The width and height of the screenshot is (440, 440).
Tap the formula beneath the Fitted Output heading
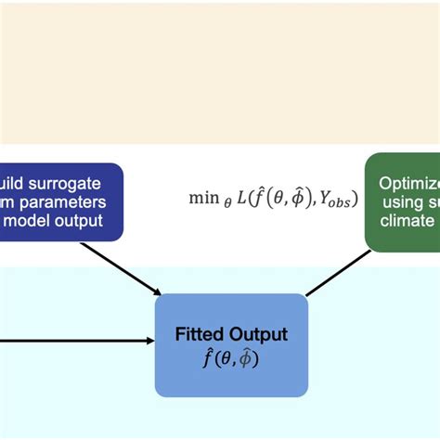(230, 357)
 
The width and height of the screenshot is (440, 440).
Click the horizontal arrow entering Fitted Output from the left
(74, 340)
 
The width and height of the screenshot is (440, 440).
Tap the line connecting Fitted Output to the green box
(335, 275)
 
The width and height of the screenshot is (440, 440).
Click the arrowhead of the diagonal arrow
(152, 295)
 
